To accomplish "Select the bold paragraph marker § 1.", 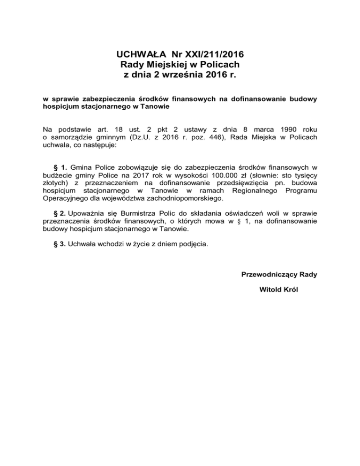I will click(x=61, y=166).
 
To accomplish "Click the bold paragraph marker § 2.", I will click(x=61, y=207).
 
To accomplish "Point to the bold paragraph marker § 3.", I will click(x=61, y=244).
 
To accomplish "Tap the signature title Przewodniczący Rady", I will click(x=279, y=274).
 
